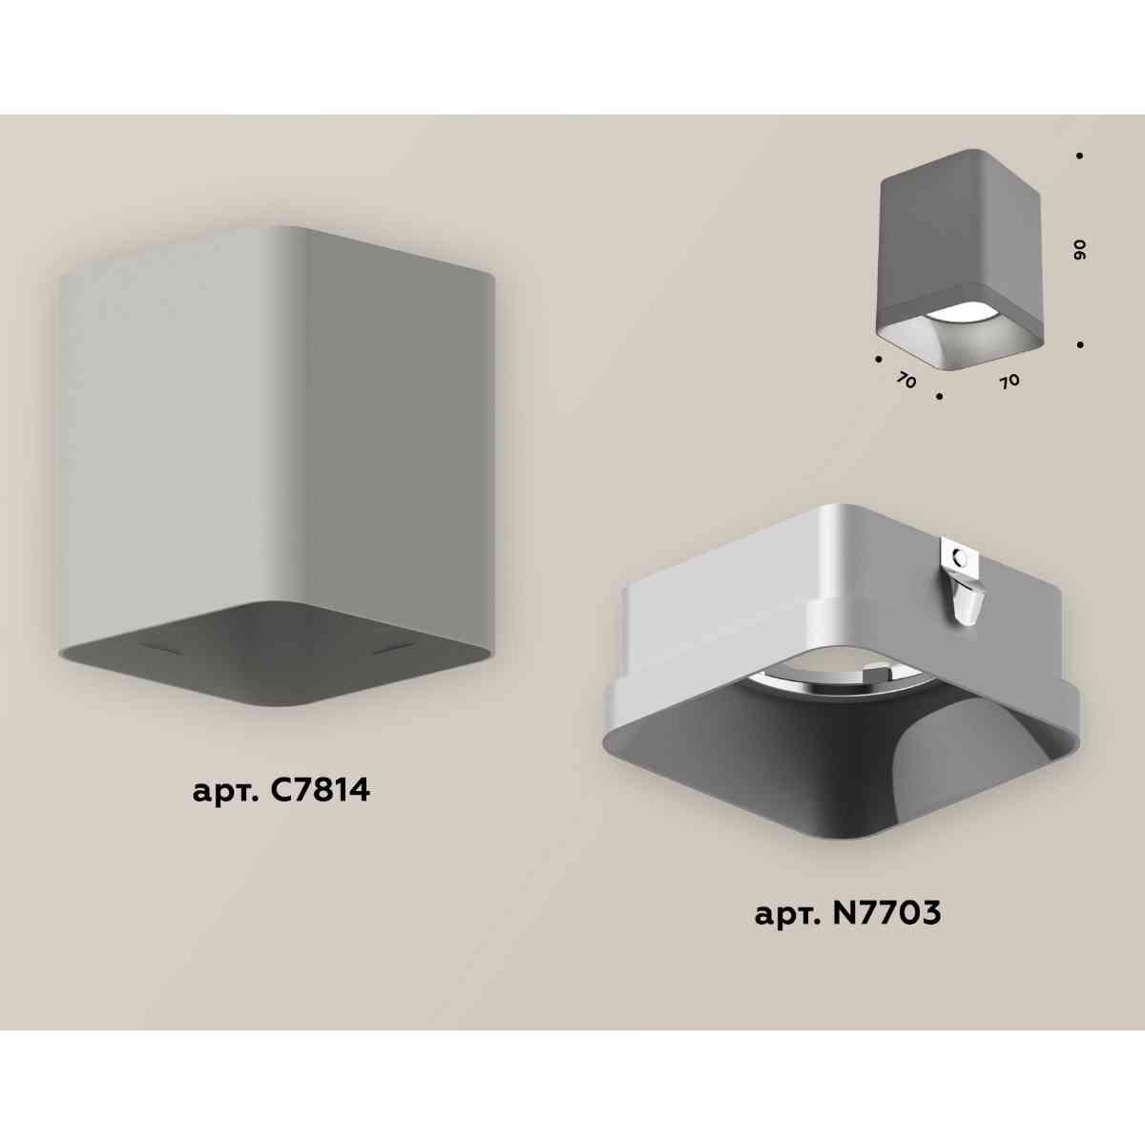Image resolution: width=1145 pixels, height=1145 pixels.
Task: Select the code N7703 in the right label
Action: (x=887, y=913)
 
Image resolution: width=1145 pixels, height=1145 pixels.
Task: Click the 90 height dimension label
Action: (x=1080, y=250)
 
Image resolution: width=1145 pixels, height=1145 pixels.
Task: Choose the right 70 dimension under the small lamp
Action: (x=1009, y=381)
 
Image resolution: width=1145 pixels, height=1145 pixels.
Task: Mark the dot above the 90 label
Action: (x=1079, y=156)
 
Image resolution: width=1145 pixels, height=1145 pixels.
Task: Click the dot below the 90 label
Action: (x=1080, y=343)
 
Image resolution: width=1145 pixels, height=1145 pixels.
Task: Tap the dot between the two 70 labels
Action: (x=940, y=394)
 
